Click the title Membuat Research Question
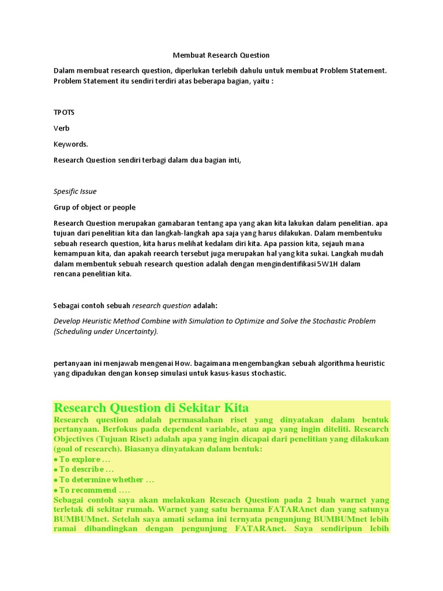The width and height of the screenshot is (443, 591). coord(221,55)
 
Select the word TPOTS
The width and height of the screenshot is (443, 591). coord(64,112)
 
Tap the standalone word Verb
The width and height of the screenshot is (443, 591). coord(61,128)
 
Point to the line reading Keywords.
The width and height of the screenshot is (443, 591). coord(71,144)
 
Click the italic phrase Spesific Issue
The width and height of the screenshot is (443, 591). coord(75,191)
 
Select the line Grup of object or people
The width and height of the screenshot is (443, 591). coord(95,207)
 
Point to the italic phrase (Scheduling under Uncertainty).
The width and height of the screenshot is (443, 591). coord(106,331)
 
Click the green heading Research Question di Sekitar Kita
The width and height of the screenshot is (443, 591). coord(151,407)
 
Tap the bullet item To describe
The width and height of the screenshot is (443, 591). coord(83,469)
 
